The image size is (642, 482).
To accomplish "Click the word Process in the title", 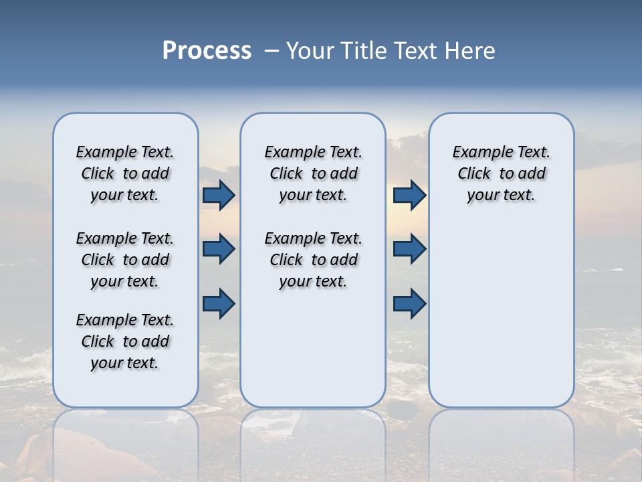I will pyautogui.click(x=207, y=51).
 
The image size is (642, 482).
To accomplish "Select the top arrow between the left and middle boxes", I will pyautogui.click(x=219, y=195).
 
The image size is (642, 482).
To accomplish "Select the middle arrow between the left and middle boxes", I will pyautogui.click(x=219, y=249).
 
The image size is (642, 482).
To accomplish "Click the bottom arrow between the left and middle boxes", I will pyautogui.click(x=219, y=304).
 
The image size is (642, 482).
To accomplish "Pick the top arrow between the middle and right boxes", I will pyautogui.click(x=409, y=195).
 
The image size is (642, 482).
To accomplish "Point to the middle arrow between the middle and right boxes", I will pyautogui.click(x=409, y=249).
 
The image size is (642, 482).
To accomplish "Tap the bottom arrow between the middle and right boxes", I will pyautogui.click(x=409, y=304).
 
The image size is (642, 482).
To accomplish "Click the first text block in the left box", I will pyautogui.click(x=125, y=173).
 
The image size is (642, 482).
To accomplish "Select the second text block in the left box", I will pyautogui.click(x=125, y=260).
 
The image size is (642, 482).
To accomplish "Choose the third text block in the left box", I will pyautogui.click(x=125, y=341).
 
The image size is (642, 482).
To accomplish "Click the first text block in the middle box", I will pyautogui.click(x=313, y=173).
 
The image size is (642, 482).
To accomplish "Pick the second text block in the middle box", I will pyautogui.click(x=313, y=260).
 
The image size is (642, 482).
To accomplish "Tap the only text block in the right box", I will pyautogui.click(x=501, y=173).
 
